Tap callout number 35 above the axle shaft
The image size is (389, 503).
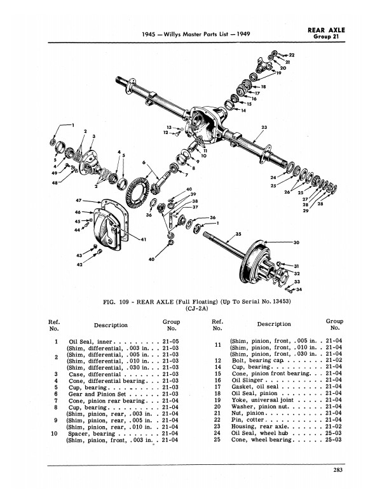[238, 234]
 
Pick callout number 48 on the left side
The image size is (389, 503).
[55, 183]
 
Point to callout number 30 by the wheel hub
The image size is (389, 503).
[296, 242]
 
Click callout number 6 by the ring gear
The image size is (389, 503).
[145, 163]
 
